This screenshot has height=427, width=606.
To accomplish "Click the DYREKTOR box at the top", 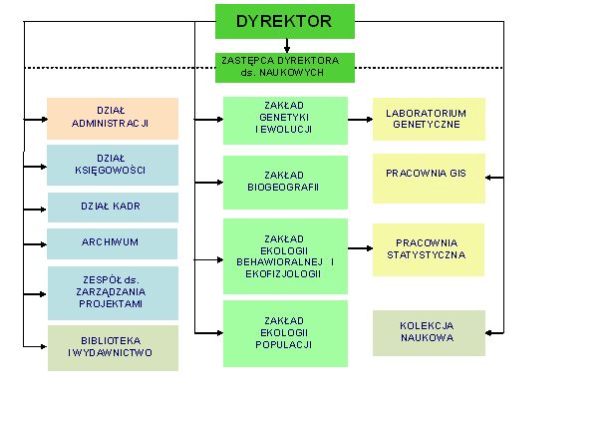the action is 285,21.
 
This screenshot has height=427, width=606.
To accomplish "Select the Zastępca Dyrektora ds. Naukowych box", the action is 285,68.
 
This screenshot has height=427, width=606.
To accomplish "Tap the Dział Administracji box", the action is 113,119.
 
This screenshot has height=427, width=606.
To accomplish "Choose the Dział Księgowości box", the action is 113,166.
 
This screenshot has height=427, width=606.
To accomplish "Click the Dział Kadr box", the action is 113,208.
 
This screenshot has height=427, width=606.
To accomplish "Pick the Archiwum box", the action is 112,243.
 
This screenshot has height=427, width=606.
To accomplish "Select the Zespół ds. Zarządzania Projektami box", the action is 113,293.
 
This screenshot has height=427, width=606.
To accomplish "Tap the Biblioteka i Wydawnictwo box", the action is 113,348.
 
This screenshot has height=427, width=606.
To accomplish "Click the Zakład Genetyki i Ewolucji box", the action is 285,121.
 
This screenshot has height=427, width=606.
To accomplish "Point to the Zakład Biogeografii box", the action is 285,183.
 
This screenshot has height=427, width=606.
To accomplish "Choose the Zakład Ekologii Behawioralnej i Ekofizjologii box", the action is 285,256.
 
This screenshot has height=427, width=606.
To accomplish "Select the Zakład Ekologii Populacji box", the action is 285,334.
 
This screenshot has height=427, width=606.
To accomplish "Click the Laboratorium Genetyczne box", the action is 429,119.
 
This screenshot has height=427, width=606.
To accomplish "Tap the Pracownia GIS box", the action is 429,179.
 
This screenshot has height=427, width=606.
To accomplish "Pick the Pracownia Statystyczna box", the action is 429,249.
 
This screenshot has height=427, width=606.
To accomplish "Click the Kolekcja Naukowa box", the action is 429,333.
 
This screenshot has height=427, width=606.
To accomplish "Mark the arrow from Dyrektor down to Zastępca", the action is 287,46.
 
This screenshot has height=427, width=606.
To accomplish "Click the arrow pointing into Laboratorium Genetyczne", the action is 360,120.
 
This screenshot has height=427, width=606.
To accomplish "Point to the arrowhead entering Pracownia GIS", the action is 488,178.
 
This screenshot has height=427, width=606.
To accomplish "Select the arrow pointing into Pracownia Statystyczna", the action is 360,248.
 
